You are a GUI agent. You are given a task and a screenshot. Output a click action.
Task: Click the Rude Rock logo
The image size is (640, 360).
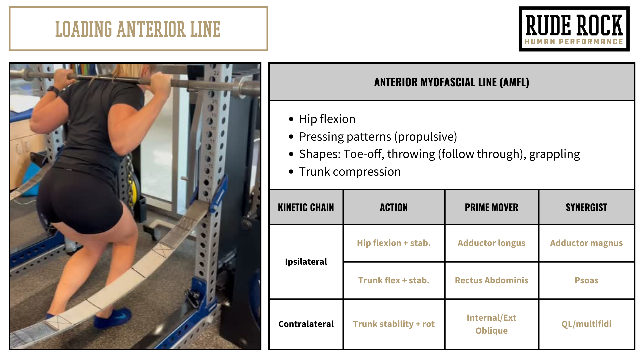coord(574,29)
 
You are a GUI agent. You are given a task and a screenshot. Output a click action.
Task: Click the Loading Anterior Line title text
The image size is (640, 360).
coord(138,29)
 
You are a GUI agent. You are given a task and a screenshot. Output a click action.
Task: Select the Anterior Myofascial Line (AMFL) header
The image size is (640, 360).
coord(452,82)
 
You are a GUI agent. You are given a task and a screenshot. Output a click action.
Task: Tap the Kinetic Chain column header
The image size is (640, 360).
coord(306,207)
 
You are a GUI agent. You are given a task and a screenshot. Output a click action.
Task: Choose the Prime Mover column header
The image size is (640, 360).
coord(492,207)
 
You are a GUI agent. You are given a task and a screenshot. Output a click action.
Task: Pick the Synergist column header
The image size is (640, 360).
coord(587,207)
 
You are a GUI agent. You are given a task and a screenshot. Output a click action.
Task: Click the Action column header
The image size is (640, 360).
coord(394,207)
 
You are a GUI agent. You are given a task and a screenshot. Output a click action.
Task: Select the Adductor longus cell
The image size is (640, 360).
coord(492,243)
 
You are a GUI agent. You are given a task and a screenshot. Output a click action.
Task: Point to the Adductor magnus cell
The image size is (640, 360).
coord(587,243)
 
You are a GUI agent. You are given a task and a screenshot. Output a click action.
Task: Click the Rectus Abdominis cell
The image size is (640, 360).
coord(492,280)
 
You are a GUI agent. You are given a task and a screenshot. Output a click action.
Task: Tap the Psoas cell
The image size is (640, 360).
coord(587,280)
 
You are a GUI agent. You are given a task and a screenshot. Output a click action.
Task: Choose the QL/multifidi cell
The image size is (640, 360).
coord(587,324)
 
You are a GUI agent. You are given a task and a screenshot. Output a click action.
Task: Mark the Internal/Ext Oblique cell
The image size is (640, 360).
coord(492,324)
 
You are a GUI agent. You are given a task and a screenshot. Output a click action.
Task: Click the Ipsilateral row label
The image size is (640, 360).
coord(306,262)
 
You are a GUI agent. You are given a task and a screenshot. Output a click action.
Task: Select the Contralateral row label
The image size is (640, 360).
coord(306,324)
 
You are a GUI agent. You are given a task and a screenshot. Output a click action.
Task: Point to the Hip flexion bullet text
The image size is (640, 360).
coord(327,119)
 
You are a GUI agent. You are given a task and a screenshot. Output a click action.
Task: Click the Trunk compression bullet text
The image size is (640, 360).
coord(350,172)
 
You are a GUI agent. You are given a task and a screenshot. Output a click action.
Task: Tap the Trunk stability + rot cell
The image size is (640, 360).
coord(394,324)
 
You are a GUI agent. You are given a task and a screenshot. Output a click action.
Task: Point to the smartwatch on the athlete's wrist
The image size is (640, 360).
coord(53,90)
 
